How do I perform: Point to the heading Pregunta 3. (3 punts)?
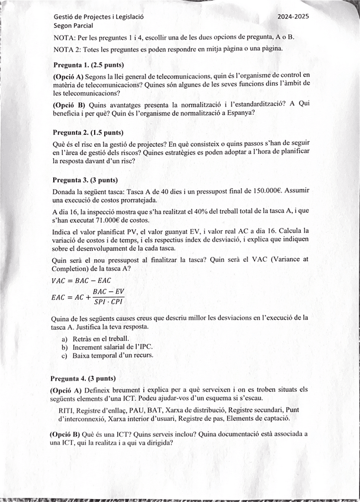click(x=85, y=180)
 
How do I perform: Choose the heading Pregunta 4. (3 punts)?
click(x=83, y=378)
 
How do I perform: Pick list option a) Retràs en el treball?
click(x=95, y=338)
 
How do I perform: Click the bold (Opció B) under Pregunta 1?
click(x=69, y=104)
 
